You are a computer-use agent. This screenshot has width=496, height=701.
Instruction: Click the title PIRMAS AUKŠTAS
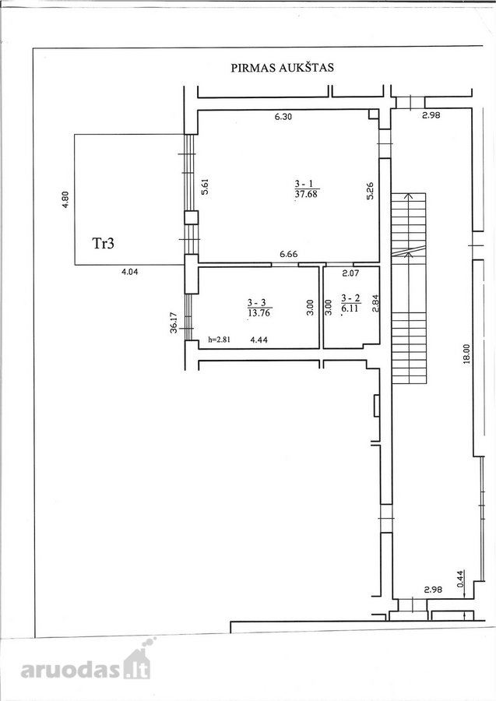(x=283, y=68)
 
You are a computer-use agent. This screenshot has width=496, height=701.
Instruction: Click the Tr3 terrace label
(x=104, y=244)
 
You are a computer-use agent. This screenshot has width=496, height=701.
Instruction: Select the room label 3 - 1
(x=306, y=183)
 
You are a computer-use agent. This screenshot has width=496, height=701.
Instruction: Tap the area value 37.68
(x=307, y=194)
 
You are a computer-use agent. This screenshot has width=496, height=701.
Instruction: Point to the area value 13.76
(x=259, y=313)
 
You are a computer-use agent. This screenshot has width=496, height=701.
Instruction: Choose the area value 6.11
(x=350, y=308)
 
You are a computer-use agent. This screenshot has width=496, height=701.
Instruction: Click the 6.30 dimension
(x=283, y=117)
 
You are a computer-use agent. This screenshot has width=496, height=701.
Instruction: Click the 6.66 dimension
(x=289, y=255)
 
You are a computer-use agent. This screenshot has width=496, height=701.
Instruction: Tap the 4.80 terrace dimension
(x=65, y=200)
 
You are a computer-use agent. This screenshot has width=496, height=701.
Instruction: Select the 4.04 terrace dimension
(x=129, y=271)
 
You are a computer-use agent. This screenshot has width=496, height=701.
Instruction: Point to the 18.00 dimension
(x=466, y=354)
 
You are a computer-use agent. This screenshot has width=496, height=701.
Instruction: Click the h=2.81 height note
(x=220, y=340)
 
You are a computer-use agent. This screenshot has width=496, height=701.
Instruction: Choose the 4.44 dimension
(x=259, y=340)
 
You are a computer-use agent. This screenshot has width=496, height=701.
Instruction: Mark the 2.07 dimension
(x=350, y=273)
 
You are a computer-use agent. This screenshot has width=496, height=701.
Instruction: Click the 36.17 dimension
(x=174, y=322)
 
